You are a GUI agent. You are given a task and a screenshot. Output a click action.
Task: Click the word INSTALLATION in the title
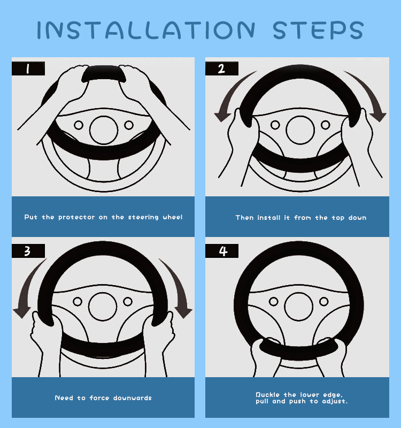[146, 30]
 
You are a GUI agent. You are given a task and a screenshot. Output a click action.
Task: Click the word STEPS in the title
[318, 30]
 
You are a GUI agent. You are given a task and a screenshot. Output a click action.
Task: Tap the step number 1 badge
[28, 68]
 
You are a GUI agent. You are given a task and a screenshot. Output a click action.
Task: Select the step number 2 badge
[222, 68]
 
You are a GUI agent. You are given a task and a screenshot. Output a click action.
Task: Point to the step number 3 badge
[28, 251]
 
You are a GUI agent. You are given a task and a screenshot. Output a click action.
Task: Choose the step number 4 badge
[222, 251]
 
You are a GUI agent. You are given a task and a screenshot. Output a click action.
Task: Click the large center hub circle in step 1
[104, 130]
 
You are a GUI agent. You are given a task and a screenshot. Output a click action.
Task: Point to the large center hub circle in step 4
[298, 307]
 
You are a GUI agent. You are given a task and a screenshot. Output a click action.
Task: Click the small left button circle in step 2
[275, 125]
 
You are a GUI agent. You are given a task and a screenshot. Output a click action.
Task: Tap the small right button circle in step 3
[128, 302]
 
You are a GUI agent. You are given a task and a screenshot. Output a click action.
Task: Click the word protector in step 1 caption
[76, 218]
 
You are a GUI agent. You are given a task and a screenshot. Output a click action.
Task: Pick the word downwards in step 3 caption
[132, 398]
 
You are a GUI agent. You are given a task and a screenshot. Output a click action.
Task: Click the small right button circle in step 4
[324, 302]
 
